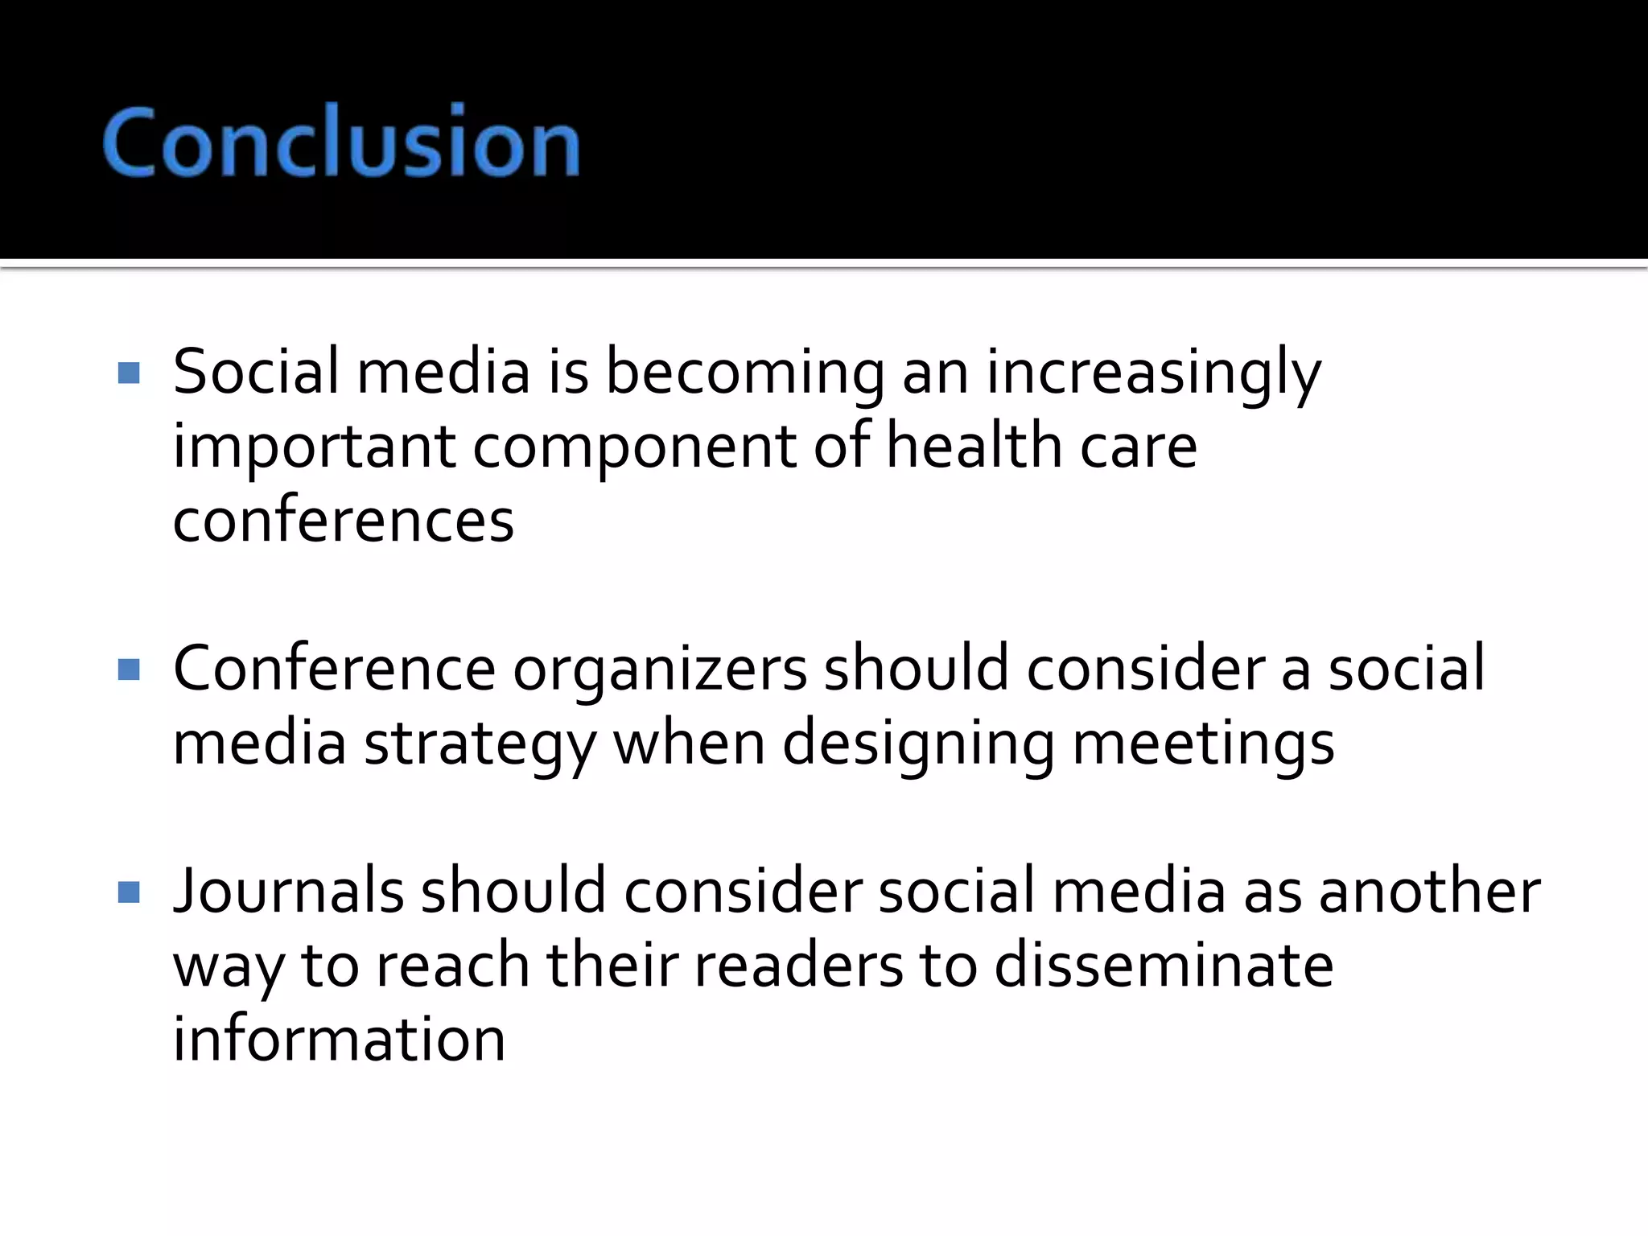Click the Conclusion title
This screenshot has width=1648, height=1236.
click(341, 142)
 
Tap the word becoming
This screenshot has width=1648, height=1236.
click(744, 372)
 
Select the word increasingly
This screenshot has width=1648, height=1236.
click(1154, 372)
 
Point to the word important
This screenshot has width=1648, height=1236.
click(314, 447)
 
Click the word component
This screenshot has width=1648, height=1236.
click(633, 447)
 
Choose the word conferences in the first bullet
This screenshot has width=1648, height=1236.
click(344, 521)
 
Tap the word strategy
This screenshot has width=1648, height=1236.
click(480, 744)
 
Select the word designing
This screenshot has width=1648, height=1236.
click(918, 744)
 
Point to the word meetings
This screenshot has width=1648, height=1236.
click(1204, 744)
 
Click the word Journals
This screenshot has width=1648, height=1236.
click(288, 892)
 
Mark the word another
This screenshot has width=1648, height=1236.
click(1430, 892)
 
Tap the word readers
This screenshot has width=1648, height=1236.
click(798, 966)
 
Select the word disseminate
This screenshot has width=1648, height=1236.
click(1164, 966)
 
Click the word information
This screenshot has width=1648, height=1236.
click(340, 1039)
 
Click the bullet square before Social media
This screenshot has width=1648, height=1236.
click(129, 373)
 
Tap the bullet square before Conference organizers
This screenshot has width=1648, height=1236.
click(129, 669)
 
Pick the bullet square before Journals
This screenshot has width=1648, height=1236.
click(129, 892)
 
